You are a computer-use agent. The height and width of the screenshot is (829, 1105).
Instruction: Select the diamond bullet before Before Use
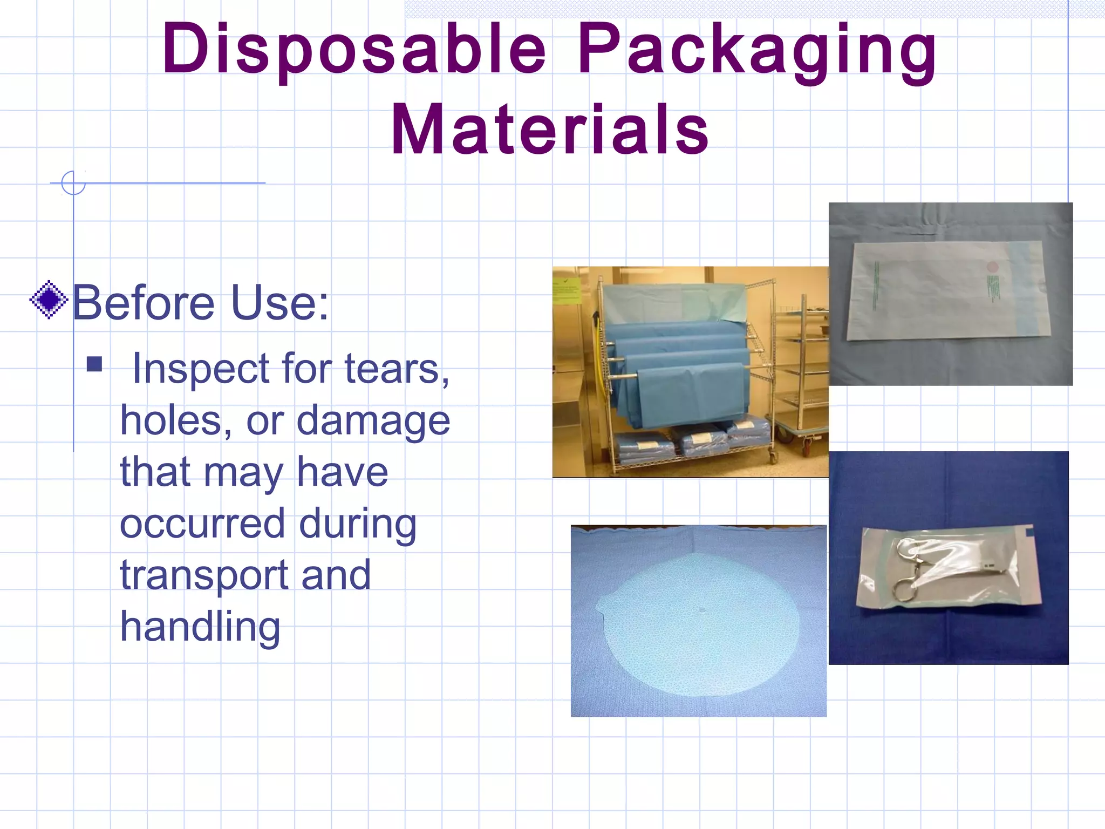click(x=49, y=300)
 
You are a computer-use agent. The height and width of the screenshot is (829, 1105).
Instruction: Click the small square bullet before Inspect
click(x=94, y=364)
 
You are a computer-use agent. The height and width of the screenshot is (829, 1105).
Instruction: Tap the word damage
click(x=373, y=421)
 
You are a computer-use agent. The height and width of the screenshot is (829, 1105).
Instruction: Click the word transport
click(x=203, y=575)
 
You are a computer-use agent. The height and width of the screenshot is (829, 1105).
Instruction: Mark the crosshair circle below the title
click(x=73, y=183)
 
